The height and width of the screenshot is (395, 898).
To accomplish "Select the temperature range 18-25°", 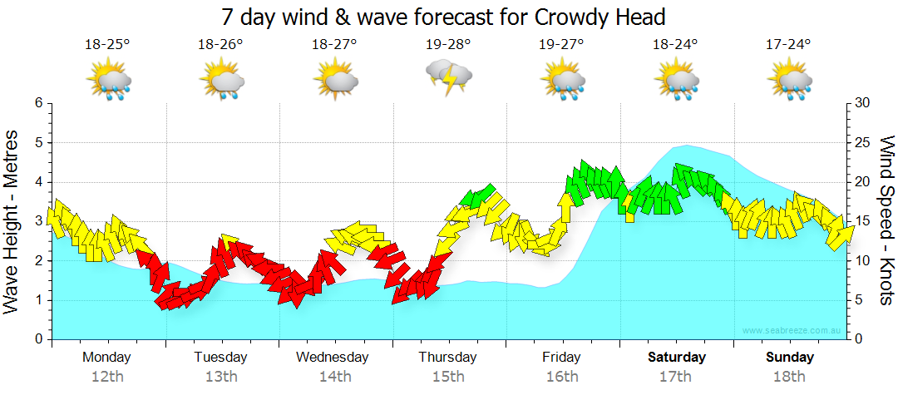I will pyautogui.click(x=107, y=45).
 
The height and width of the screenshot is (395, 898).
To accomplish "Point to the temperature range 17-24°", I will pyautogui.click(x=788, y=45).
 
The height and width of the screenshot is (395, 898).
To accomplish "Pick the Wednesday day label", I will pyautogui.click(x=332, y=357).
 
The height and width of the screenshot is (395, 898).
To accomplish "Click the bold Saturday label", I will pyautogui.click(x=676, y=357).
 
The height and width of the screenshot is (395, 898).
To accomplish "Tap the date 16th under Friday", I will pyautogui.click(x=562, y=376).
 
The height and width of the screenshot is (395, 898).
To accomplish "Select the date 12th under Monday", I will pyautogui.click(x=107, y=376).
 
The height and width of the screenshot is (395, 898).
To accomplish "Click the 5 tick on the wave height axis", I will pyautogui.click(x=37, y=143).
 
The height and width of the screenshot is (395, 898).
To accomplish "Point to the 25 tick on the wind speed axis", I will pyautogui.click(x=862, y=143).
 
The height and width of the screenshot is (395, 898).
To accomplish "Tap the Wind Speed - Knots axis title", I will pyautogui.click(x=886, y=220).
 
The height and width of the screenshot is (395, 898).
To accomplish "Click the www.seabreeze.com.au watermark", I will pyautogui.click(x=792, y=330).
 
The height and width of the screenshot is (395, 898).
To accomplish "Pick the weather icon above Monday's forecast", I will pyautogui.click(x=109, y=81).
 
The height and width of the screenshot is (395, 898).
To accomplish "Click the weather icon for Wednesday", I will pyautogui.click(x=335, y=81).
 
